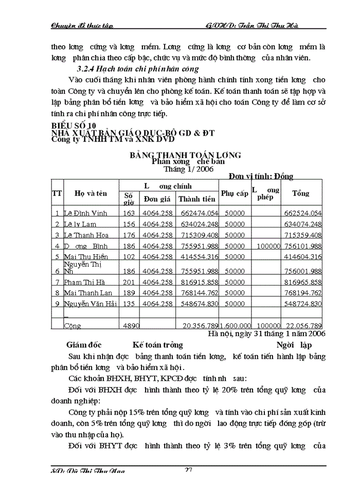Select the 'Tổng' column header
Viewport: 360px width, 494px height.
pos(301,193)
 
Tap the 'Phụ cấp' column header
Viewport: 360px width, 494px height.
pos(235,193)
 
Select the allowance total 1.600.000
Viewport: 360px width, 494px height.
pos(235,326)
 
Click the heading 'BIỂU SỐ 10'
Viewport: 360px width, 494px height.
pos(74,126)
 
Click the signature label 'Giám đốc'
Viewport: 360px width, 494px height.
pos(84,345)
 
